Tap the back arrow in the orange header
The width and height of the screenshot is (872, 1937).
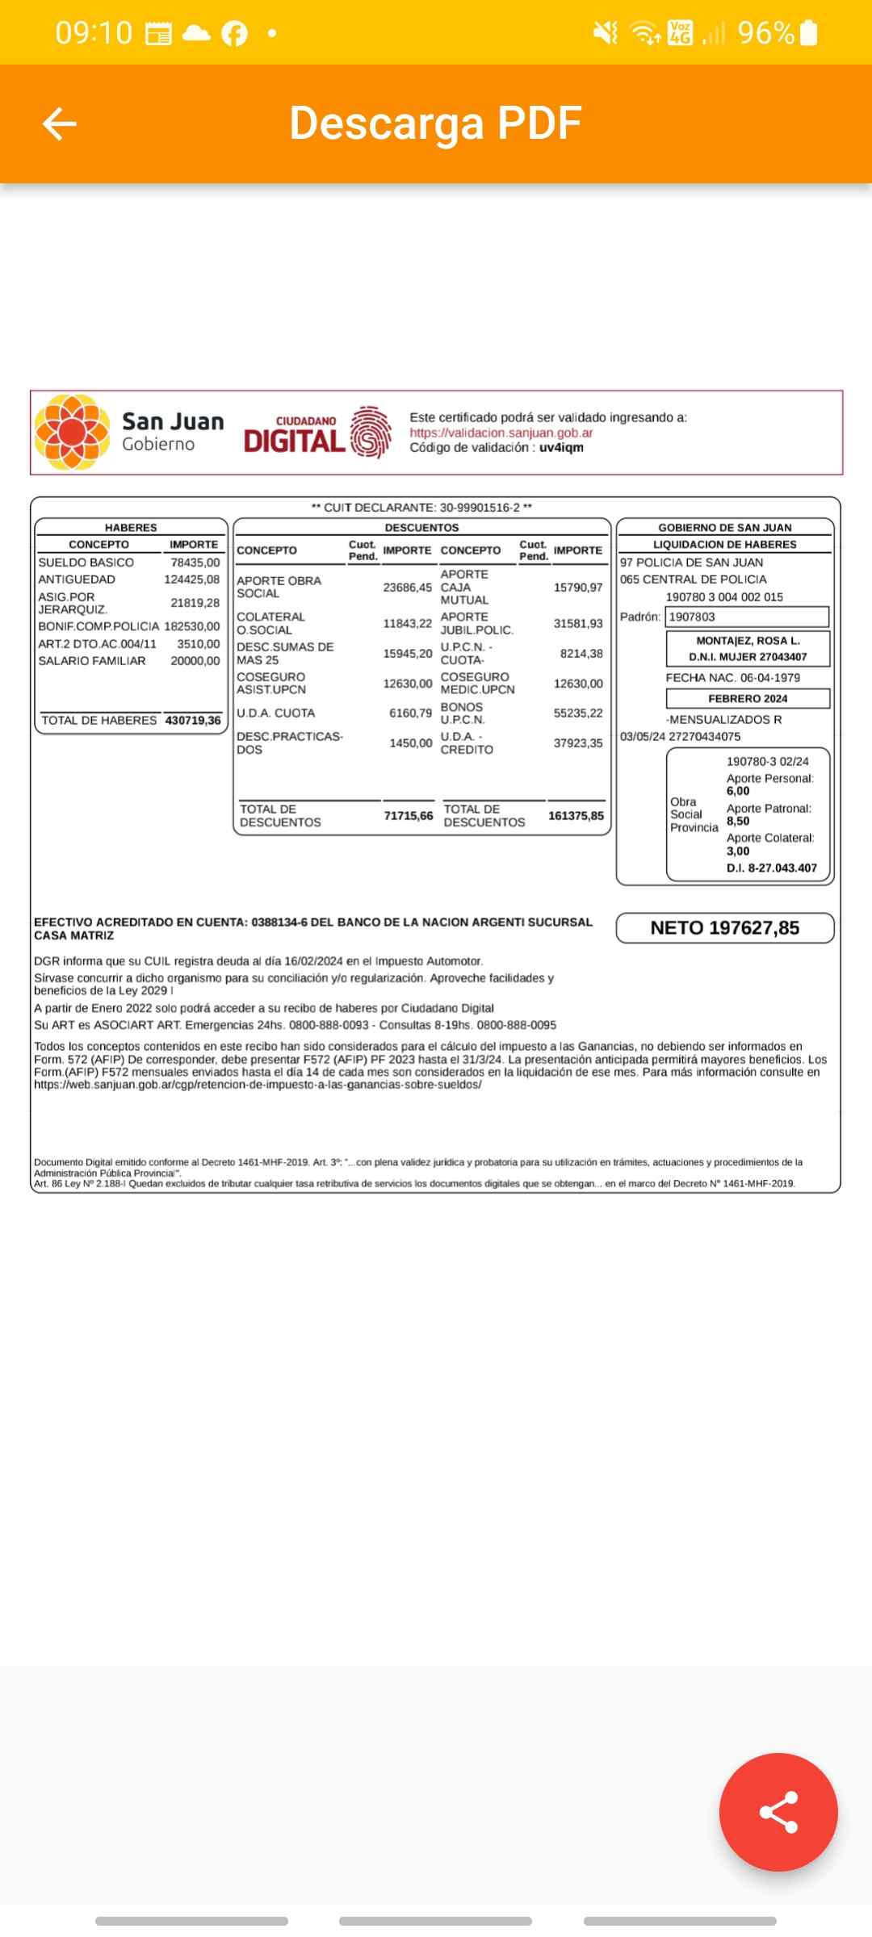[x=59, y=124]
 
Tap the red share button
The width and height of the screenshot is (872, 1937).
[x=778, y=1811]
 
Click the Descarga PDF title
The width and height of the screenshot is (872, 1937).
[x=435, y=123]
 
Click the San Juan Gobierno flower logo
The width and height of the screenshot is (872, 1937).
[x=72, y=432]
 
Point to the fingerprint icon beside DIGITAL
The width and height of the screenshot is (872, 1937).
[x=371, y=433]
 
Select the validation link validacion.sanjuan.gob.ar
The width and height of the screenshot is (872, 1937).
[x=501, y=433]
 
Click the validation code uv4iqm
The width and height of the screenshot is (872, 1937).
[x=561, y=447]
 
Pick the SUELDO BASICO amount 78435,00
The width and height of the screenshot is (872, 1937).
[x=195, y=563]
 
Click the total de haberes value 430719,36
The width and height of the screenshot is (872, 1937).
[x=193, y=720]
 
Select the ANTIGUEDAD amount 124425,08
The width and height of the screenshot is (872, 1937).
[x=191, y=579]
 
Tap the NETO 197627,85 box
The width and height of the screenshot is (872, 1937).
[x=724, y=928]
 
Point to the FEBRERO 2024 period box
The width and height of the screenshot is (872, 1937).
[x=748, y=699]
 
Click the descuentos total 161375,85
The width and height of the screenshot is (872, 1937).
[x=576, y=816]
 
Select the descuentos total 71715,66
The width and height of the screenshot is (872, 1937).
[x=408, y=816]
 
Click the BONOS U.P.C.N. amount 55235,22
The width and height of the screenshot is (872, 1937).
[x=578, y=713]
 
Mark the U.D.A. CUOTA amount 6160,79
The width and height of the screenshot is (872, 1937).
[x=410, y=713]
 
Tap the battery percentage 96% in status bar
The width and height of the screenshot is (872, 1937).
[x=765, y=33]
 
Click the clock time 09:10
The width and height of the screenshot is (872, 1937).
[x=94, y=33]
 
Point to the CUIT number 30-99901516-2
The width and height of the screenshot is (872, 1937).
[x=480, y=508]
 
